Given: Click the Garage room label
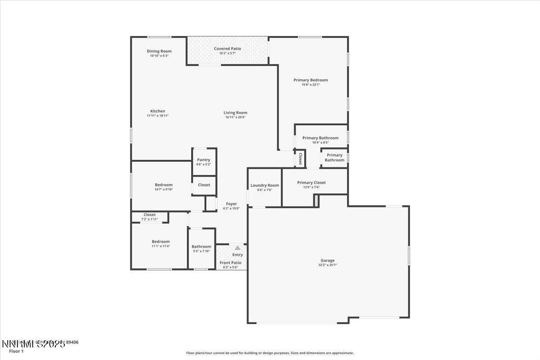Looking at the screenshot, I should [327, 260].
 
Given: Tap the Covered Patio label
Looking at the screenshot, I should [227, 49].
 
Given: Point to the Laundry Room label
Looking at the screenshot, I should [265, 185].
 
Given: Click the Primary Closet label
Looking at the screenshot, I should [311, 183].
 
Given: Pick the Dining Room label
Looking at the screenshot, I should [159, 51].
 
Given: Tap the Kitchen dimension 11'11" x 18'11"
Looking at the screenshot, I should [157, 116].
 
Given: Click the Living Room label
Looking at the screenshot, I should [235, 112].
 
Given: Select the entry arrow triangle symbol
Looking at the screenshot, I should [237, 247].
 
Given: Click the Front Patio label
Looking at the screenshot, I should [230, 262].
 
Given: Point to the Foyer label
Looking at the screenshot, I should [231, 204].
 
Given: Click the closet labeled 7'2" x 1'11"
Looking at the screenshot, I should [150, 217].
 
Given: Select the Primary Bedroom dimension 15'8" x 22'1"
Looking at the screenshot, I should [310, 85].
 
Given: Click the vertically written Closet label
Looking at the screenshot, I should [300, 159].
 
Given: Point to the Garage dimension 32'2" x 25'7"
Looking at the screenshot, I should [327, 265].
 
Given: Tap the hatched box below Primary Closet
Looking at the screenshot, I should [316, 202].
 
